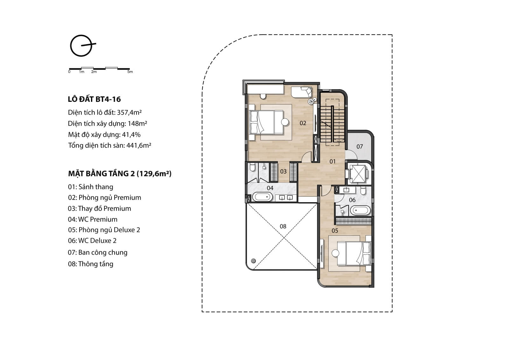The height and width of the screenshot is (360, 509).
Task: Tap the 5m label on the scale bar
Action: [130, 72]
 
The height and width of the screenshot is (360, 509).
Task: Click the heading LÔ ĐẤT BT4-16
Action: [94, 99]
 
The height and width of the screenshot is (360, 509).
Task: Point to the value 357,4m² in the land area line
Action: [129, 112]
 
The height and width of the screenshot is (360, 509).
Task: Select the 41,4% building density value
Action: [131, 135]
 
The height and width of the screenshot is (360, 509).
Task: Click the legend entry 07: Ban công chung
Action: [98, 252]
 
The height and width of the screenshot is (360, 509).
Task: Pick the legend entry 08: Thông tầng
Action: [91, 264]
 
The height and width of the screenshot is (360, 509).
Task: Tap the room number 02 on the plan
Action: [303, 123]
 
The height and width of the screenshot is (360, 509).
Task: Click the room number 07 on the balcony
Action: [359, 146]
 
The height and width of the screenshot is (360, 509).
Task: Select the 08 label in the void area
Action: [283, 226]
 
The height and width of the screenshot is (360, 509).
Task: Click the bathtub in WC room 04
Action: [262, 197]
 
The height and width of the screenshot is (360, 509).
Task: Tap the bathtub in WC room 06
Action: [360, 210]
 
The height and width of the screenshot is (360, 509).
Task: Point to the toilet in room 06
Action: [363, 191]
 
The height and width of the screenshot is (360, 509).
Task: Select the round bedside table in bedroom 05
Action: [335, 253]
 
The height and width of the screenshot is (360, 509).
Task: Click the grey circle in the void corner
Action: [253, 261]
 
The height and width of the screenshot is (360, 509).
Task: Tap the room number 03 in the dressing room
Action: [283, 172]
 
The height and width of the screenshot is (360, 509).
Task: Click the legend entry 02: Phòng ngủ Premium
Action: [105, 197]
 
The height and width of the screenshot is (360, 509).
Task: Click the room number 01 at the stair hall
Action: [332, 161]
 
